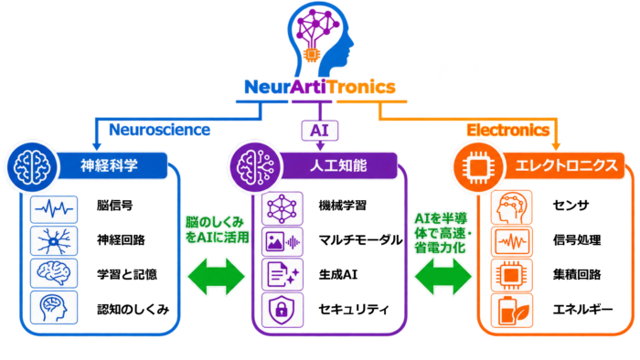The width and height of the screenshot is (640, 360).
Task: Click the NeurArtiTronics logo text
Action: [320, 87]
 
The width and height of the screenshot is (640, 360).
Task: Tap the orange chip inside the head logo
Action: [312, 54]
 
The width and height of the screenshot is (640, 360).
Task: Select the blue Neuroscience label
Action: [160, 130]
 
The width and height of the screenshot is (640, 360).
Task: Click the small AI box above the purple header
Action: [320, 131]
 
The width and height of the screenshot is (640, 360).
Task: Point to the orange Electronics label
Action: [508, 130]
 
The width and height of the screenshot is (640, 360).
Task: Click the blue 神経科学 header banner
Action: [112, 165]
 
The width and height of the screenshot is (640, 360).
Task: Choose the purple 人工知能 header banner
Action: [338, 165]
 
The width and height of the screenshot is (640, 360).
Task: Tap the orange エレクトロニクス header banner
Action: [565, 165]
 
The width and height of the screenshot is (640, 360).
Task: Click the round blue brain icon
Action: [32, 167]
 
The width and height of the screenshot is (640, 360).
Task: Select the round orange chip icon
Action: [479, 167]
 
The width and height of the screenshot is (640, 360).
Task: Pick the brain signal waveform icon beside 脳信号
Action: [54, 209]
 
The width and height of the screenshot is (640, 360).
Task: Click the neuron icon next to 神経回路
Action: [54, 241]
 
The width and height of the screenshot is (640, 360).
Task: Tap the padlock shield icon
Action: [282, 310]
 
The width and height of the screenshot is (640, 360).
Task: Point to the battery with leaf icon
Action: [512, 311]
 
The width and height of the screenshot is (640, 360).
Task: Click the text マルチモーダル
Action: [361, 239]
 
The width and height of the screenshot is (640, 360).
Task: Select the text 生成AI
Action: [338, 274]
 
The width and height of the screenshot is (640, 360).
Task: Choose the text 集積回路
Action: [577, 274]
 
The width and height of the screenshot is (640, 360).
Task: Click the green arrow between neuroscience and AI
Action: [217, 277]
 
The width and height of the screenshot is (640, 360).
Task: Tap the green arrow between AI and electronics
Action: [443, 277]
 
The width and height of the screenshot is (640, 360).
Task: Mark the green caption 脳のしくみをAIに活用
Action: [218, 229]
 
